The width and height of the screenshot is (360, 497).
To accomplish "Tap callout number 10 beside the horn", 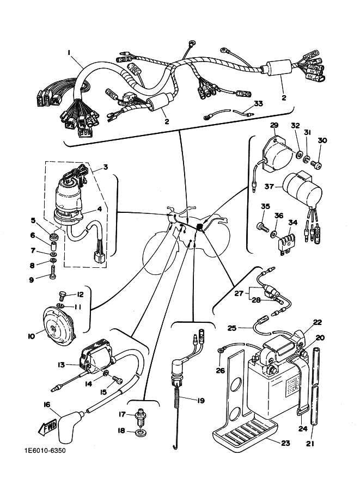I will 30,336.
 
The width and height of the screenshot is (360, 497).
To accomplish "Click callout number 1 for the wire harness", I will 70,52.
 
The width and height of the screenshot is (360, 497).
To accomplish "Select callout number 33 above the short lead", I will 258,103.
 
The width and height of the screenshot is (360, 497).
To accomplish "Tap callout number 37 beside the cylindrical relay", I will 269,187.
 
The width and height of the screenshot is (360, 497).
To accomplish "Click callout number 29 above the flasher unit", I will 273,126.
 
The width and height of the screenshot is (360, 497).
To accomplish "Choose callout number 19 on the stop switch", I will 201,401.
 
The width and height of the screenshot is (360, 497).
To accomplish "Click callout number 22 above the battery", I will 317,322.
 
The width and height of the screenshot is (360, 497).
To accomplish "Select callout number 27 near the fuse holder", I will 239,293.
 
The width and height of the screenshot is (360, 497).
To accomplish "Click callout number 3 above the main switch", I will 105,167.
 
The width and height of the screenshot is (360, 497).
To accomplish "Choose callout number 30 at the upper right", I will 322,140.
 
